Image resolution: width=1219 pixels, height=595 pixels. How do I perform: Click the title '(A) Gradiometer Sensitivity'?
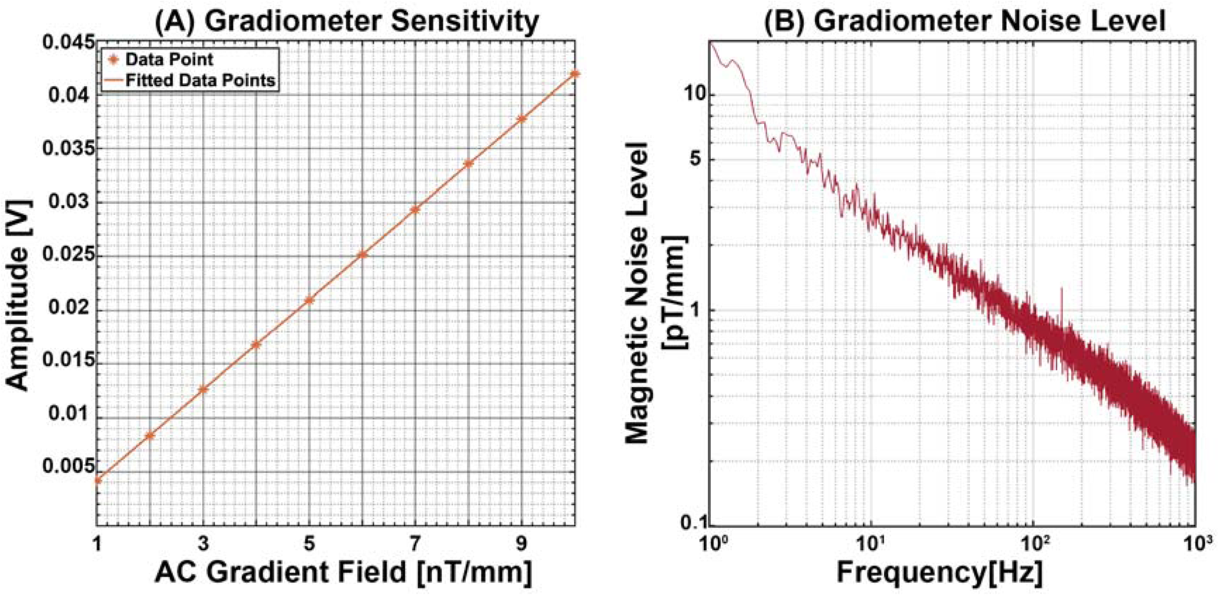[x=346, y=21]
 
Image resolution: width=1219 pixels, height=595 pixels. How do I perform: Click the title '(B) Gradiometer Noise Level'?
[x=964, y=21]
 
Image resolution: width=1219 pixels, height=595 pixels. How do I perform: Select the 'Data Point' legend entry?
[x=169, y=60]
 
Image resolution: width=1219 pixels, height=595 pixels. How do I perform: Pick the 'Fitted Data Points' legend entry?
[x=200, y=81]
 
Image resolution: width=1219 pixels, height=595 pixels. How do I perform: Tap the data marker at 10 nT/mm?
[x=575, y=74]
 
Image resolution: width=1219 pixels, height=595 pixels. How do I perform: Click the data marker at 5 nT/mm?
[x=309, y=300]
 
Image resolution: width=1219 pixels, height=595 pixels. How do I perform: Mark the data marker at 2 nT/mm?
[x=150, y=436]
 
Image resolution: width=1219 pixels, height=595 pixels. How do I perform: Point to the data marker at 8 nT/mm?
[x=468, y=164]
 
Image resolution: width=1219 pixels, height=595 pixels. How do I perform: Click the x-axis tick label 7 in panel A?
[x=415, y=544]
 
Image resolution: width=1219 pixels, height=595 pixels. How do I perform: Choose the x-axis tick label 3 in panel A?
[x=203, y=544]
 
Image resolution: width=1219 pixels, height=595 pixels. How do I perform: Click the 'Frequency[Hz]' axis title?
[x=939, y=572]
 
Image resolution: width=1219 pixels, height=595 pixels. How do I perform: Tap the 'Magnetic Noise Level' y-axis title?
[x=638, y=292]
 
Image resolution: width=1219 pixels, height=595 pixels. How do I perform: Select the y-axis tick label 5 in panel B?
[x=697, y=159]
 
